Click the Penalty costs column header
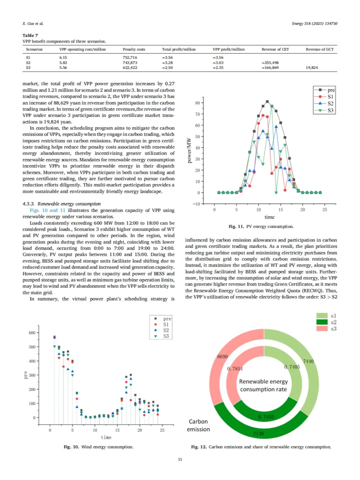(x=134, y=49)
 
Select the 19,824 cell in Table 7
(x=312, y=68)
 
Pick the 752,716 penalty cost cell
(x=130, y=58)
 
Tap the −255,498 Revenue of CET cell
(x=270, y=63)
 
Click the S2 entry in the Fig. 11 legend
(x=330, y=104)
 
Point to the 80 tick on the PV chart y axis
(x=198, y=103)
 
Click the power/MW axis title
(x=189, y=150)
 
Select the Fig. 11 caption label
(x=236, y=227)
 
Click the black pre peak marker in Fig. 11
(x=267, y=102)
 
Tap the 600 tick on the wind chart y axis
(x=32, y=333)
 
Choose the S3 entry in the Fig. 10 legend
(x=166, y=336)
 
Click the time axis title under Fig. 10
(x=106, y=437)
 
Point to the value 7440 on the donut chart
(x=308, y=361)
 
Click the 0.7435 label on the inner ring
(x=266, y=417)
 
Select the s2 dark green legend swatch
(x=322, y=322)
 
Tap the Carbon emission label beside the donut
(x=198, y=425)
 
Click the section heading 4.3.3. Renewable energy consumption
(x=61, y=204)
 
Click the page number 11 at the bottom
(x=180, y=459)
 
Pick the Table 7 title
(x=30, y=35)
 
